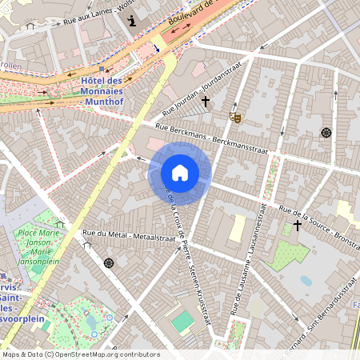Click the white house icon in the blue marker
180,173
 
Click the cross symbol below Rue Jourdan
206,102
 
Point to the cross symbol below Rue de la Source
298,226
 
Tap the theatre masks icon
235,117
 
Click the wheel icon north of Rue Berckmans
326,132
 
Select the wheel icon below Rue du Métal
109,262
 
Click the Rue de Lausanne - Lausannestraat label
249,257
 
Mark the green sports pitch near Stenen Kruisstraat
183,322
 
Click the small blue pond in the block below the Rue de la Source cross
306,281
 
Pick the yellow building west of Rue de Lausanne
237,228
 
